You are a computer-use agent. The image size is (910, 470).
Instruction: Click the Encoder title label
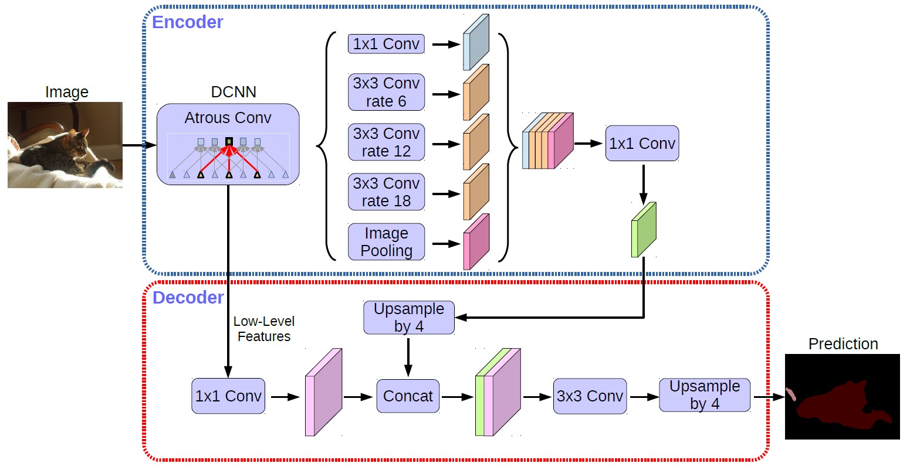[187, 22]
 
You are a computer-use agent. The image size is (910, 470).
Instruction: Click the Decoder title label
[188, 298]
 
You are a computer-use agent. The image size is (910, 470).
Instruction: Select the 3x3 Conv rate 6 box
[386, 93]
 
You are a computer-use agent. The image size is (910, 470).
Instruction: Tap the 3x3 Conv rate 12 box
[386, 142]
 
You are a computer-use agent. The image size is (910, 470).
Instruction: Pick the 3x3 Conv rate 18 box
[386, 192]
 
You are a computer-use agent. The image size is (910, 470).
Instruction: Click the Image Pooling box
[386, 242]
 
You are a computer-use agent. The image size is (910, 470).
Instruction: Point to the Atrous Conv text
[228, 118]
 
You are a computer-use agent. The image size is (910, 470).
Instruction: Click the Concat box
[408, 396]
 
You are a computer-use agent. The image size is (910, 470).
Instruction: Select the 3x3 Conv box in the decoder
[590, 396]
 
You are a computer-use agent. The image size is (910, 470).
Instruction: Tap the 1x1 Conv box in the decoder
[228, 396]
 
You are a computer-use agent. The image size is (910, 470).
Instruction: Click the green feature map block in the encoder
[644, 230]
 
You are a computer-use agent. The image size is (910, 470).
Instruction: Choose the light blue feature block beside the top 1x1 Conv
[476, 43]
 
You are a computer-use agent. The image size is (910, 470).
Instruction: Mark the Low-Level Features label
[264, 329]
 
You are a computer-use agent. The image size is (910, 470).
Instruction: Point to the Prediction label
[843, 344]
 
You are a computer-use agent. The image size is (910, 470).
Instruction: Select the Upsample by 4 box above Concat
[409, 318]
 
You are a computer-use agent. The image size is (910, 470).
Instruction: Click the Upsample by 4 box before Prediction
[705, 395]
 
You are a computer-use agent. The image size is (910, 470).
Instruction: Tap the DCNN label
[234, 92]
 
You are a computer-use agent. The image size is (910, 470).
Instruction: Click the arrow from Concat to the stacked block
[457, 397]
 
